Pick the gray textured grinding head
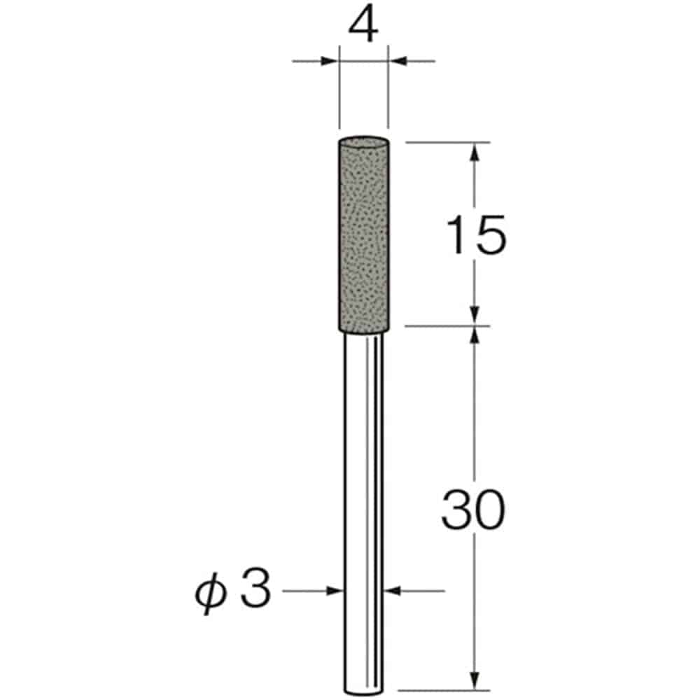(x=364, y=234)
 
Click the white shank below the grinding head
(x=364, y=513)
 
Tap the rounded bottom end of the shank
(x=364, y=692)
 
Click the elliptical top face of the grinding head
(x=364, y=141)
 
